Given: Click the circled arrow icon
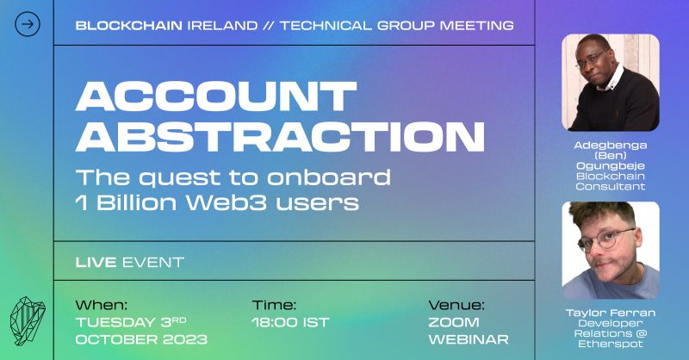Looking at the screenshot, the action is (28, 24).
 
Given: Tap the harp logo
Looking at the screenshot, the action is (28, 320).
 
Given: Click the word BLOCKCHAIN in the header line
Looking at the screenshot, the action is (128, 26).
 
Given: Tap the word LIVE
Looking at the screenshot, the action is (96, 263).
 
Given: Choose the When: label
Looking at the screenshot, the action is (102, 305).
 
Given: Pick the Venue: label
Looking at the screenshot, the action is (456, 305).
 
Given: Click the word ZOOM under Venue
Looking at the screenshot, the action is (454, 322).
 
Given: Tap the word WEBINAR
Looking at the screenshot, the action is (469, 339).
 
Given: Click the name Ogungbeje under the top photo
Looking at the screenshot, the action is (611, 165).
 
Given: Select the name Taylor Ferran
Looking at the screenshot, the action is (611, 313).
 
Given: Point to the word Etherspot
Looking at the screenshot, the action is (611, 344).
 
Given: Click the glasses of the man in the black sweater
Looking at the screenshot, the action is (591, 59).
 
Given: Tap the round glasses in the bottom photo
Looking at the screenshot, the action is (606, 239).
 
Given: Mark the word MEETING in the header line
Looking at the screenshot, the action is (477, 26).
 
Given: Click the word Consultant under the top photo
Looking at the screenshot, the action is (611, 186).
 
